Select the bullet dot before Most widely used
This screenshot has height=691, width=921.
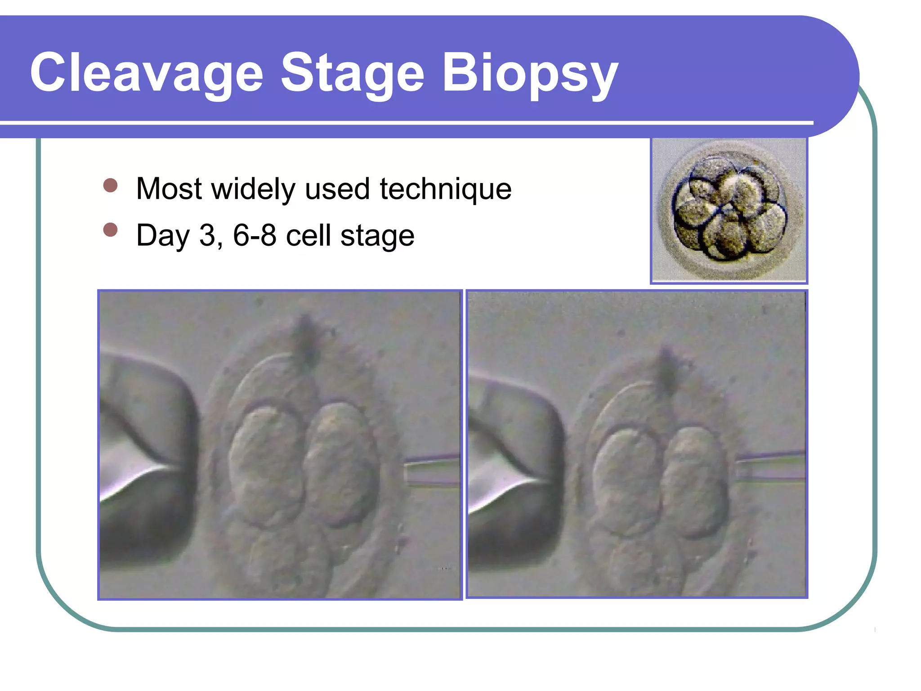click(110, 185)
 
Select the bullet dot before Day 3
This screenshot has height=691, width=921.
click(110, 230)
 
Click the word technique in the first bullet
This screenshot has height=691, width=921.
click(445, 189)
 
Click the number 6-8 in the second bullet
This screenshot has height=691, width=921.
click(254, 235)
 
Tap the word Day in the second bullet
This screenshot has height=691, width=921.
click(163, 236)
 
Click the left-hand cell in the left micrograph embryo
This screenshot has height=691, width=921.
click(265, 463)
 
